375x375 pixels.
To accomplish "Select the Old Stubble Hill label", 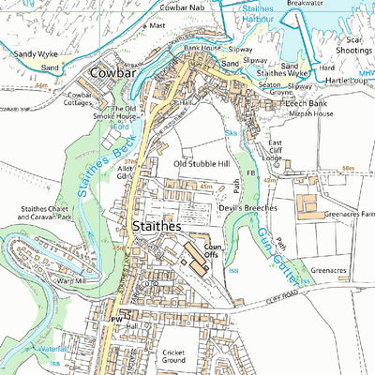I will [202, 163].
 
